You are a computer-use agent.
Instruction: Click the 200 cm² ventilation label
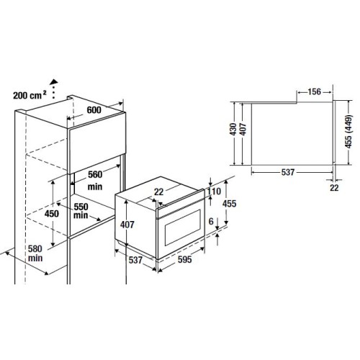(30, 95)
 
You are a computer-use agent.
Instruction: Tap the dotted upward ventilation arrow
(54, 89)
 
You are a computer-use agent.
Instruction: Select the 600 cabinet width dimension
(94, 110)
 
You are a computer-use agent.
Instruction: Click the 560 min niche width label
(95, 180)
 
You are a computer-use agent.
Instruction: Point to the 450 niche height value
(52, 214)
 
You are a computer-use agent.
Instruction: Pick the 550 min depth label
(81, 211)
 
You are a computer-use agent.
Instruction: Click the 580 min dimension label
(35, 253)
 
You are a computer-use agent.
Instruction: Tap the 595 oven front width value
(185, 259)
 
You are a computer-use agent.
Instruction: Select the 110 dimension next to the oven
(214, 192)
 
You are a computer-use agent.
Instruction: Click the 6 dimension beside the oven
(211, 221)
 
